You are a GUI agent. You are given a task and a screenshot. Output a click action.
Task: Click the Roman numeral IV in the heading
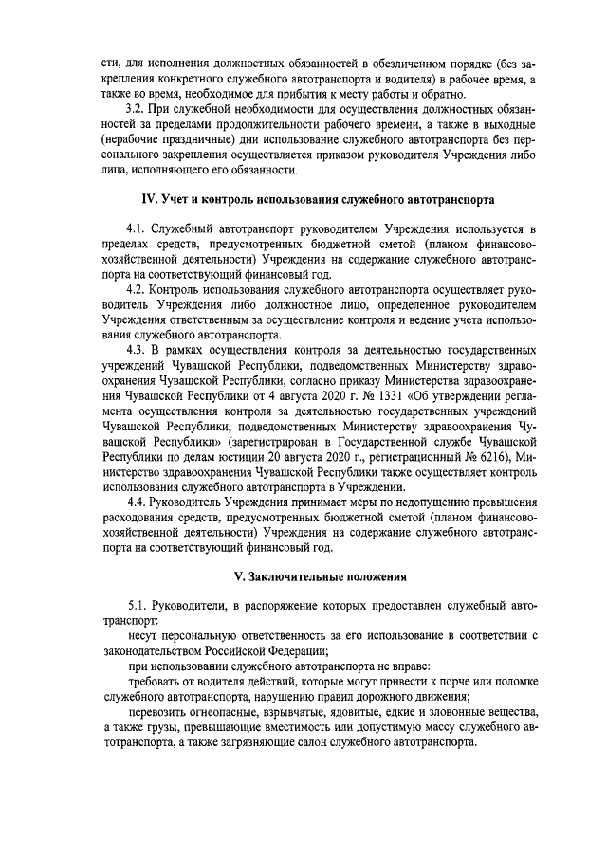click(x=148, y=198)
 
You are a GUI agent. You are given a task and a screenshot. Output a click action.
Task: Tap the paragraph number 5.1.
click(x=137, y=606)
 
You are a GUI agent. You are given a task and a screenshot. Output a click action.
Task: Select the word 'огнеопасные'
click(x=230, y=712)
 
